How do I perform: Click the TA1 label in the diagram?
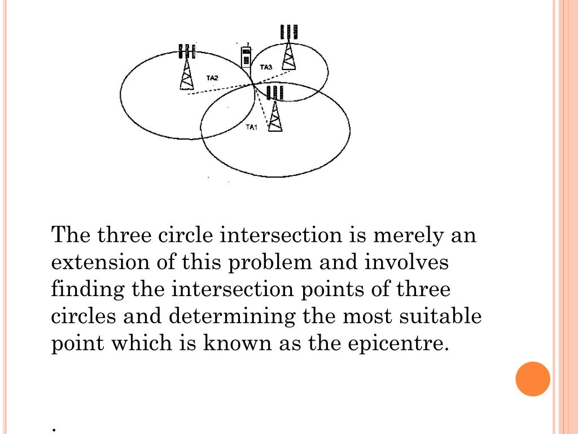point(252,127)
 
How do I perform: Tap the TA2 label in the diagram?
point(212,78)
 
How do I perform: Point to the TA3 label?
point(266,67)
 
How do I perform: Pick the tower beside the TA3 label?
point(289,47)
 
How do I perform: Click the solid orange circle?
point(533,379)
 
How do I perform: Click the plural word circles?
point(84,316)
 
